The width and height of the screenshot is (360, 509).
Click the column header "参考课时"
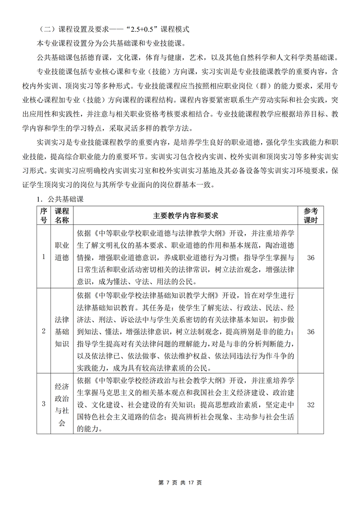click(x=311, y=216)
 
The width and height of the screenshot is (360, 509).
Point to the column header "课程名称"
click(x=62, y=216)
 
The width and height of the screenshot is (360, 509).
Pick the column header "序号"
click(x=44, y=216)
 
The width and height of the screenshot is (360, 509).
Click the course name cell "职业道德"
click(x=62, y=257)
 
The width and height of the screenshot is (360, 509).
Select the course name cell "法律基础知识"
click(x=62, y=331)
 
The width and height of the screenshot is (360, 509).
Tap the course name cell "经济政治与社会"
click(x=62, y=404)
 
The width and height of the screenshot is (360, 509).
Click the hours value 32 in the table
click(x=311, y=404)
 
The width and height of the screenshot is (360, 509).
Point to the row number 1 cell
click(x=44, y=257)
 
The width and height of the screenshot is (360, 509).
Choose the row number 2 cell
click(x=44, y=331)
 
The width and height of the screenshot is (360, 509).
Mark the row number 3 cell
click(x=44, y=404)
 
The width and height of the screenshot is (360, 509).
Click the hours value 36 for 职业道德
click(x=311, y=257)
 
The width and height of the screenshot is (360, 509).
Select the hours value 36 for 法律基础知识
click(x=311, y=331)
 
